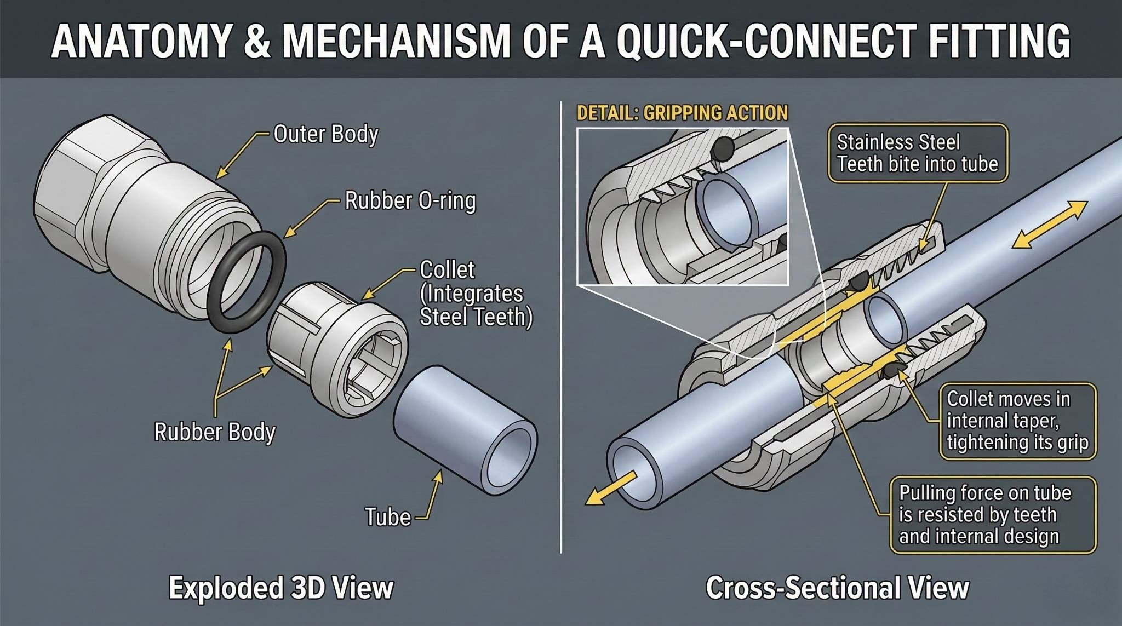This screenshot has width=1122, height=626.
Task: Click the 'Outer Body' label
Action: (x=325, y=134)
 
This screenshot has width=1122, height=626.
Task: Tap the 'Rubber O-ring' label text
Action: (x=410, y=201)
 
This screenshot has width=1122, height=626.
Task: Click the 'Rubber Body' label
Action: (x=215, y=432)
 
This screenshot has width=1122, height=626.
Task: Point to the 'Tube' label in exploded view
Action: (x=388, y=517)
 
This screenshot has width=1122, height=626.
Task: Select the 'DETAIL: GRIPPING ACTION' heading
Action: (x=682, y=113)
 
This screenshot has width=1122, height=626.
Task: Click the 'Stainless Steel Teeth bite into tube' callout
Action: (x=917, y=153)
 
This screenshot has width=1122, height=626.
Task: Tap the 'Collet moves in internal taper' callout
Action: (x=1017, y=421)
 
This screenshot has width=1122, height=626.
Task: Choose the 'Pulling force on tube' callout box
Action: (x=992, y=515)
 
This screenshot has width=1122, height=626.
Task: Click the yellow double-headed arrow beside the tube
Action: (x=1049, y=225)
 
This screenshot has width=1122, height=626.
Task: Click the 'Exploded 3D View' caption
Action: (x=281, y=588)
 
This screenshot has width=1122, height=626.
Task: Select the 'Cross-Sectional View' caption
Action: (x=837, y=588)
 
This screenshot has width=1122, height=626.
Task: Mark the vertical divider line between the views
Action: (x=561, y=329)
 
